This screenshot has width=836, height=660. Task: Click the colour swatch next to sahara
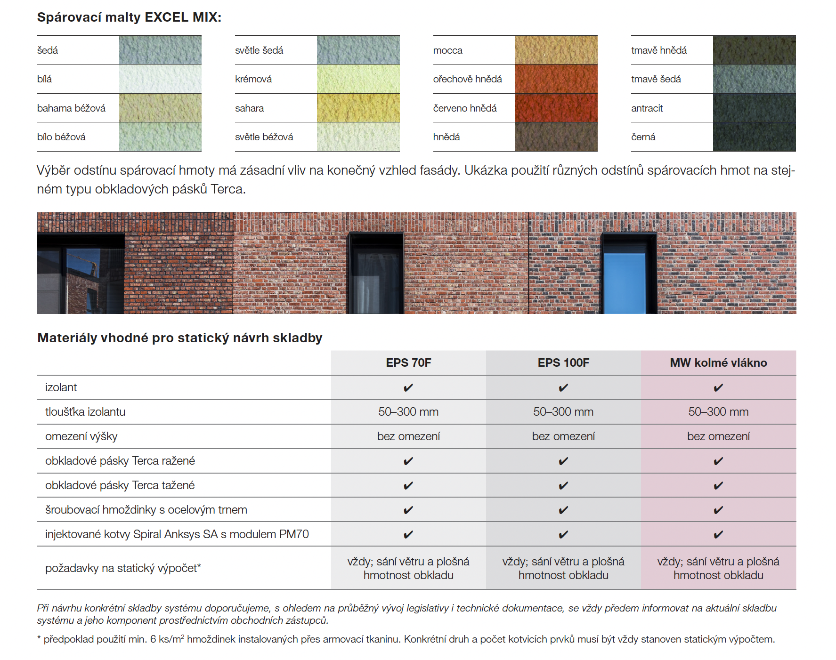[358, 108]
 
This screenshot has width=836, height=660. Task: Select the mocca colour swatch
[556, 50]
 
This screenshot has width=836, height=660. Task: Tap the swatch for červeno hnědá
[556, 108]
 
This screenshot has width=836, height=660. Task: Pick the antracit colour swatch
[754, 108]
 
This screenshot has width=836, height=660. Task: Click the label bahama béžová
[71, 108]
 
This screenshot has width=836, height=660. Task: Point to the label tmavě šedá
[656, 79]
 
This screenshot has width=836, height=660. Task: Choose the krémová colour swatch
[358, 79]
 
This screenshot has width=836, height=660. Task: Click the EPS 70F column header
[408, 362]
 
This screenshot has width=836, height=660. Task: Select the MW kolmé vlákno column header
[718, 362]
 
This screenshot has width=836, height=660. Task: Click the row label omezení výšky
[81, 436]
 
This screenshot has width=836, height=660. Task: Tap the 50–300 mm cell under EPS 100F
[563, 412]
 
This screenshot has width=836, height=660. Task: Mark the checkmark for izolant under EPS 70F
[408, 387]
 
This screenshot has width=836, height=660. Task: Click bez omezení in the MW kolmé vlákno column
[718, 436]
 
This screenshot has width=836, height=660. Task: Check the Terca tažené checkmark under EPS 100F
[563, 485]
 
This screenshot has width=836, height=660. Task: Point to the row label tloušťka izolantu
[85, 412]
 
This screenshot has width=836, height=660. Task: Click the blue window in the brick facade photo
[625, 282]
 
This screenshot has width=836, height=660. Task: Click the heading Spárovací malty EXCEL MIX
[129, 17]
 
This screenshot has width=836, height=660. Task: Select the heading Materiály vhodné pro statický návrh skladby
[180, 338]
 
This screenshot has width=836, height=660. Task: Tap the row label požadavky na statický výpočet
[123, 568]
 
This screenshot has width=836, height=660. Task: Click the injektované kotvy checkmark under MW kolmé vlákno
[718, 534]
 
